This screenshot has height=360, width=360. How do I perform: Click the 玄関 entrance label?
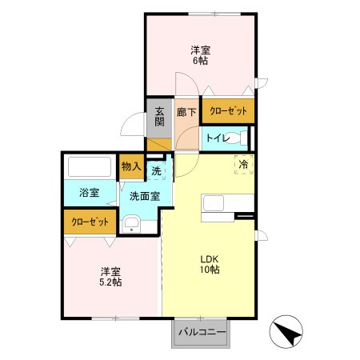(159, 117)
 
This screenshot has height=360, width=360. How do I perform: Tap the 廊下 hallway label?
(186, 113)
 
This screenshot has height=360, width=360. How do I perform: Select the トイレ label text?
(218, 138)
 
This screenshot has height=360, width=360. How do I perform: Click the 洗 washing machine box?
(157, 170)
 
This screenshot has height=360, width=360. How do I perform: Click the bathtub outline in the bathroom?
(89, 168)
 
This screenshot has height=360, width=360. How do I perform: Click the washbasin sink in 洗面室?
(130, 222)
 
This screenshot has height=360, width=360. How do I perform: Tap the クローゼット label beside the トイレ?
(228, 111)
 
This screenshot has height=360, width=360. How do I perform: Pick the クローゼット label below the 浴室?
(89, 222)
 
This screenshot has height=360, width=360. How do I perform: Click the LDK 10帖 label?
(210, 263)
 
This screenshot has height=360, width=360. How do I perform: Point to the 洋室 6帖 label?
(200, 57)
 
